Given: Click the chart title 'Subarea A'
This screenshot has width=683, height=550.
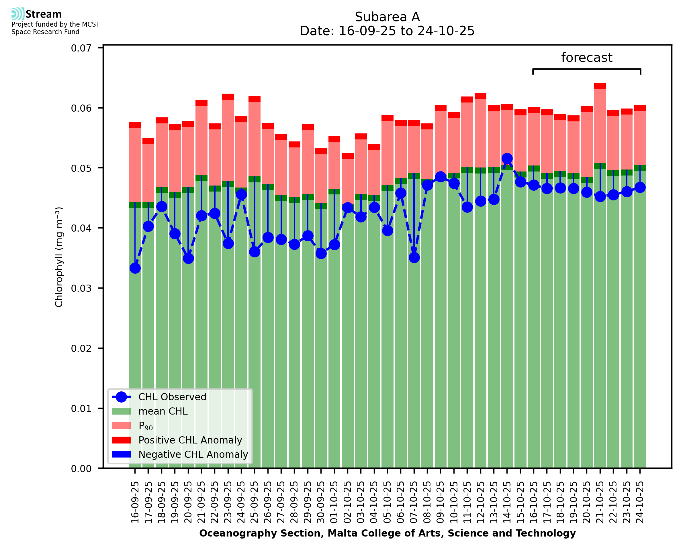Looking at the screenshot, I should click(x=387, y=17).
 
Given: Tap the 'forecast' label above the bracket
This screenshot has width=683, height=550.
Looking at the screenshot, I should click(x=587, y=58).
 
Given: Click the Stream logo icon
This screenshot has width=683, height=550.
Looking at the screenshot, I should click(x=18, y=14).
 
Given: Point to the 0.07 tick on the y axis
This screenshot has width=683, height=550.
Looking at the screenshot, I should click(x=81, y=48).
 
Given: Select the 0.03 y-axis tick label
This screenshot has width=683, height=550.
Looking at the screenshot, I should click(x=81, y=288).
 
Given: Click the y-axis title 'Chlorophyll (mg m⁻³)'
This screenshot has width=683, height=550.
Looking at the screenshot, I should click(x=59, y=257).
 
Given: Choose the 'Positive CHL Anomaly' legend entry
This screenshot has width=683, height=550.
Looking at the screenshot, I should click(x=190, y=440).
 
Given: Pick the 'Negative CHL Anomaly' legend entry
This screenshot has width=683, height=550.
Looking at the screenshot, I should click(x=193, y=454).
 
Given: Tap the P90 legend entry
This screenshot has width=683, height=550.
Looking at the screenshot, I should click(x=146, y=426).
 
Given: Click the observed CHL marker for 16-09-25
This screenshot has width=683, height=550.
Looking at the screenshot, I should click(x=135, y=268).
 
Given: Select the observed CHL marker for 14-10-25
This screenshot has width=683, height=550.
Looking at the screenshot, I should click(x=507, y=158).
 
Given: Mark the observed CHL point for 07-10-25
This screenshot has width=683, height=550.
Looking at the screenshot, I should click(x=414, y=258).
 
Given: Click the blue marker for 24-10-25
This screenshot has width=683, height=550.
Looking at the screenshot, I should click(x=640, y=188).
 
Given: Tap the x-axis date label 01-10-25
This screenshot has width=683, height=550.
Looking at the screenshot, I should click(x=334, y=502).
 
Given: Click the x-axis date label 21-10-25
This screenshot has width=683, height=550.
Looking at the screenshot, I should click(x=600, y=502).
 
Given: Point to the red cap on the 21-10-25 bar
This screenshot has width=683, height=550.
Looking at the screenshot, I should click(x=600, y=86).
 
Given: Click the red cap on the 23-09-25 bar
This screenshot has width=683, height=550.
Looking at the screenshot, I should click(x=228, y=97).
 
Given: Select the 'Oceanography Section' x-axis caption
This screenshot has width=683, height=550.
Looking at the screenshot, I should click(x=387, y=533).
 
